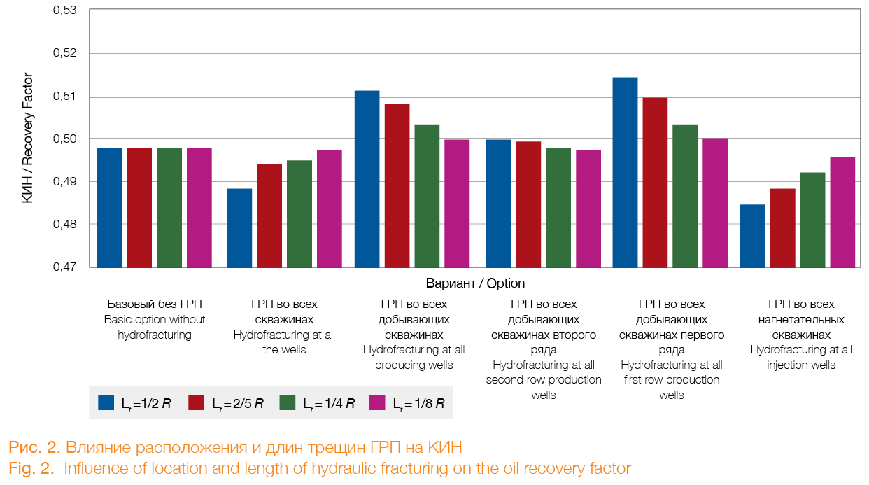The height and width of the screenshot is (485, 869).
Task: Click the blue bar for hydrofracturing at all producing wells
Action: pyautogui.click(x=367, y=179)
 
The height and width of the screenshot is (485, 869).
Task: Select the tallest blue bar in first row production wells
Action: pyautogui.click(x=625, y=172)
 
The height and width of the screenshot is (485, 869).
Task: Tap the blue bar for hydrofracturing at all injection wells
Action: pyautogui.click(x=752, y=236)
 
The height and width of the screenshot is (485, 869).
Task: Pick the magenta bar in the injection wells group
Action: pyautogui.click(x=842, y=212)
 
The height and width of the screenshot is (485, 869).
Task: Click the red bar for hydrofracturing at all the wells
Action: pyautogui.click(x=269, y=216)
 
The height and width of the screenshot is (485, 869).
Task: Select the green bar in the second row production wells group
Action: pyautogui.click(x=558, y=207)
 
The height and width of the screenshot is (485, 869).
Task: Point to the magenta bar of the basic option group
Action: pyautogui.click(x=199, y=207)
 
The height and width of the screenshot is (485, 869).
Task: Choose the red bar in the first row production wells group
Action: pyautogui.click(x=655, y=182)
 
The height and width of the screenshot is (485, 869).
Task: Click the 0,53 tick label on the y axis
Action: pyautogui.click(x=64, y=11)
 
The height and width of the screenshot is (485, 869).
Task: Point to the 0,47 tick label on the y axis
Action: pyautogui.click(x=64, y=267)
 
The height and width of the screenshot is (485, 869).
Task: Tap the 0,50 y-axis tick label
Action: pyautogui.click(x=64, y=139)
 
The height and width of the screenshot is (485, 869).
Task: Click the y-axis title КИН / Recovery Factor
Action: pyautogui.click(x=28, y=139)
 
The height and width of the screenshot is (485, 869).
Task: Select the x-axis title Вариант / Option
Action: pyautogui.click(x=475, y=283)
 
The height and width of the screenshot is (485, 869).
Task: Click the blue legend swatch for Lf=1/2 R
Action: pyautogui.click(x=106, y=403)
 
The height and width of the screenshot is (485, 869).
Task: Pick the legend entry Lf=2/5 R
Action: pyautogui.click(x=238, y=404)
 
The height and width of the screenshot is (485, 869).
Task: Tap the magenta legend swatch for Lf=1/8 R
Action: pyautogui.click(x=377, y=403)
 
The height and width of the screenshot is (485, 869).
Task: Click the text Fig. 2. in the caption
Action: pyautogui.click(x=31, y=469)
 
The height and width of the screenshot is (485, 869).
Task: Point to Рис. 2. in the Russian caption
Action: pyautogui.click(x=33, y=447)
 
